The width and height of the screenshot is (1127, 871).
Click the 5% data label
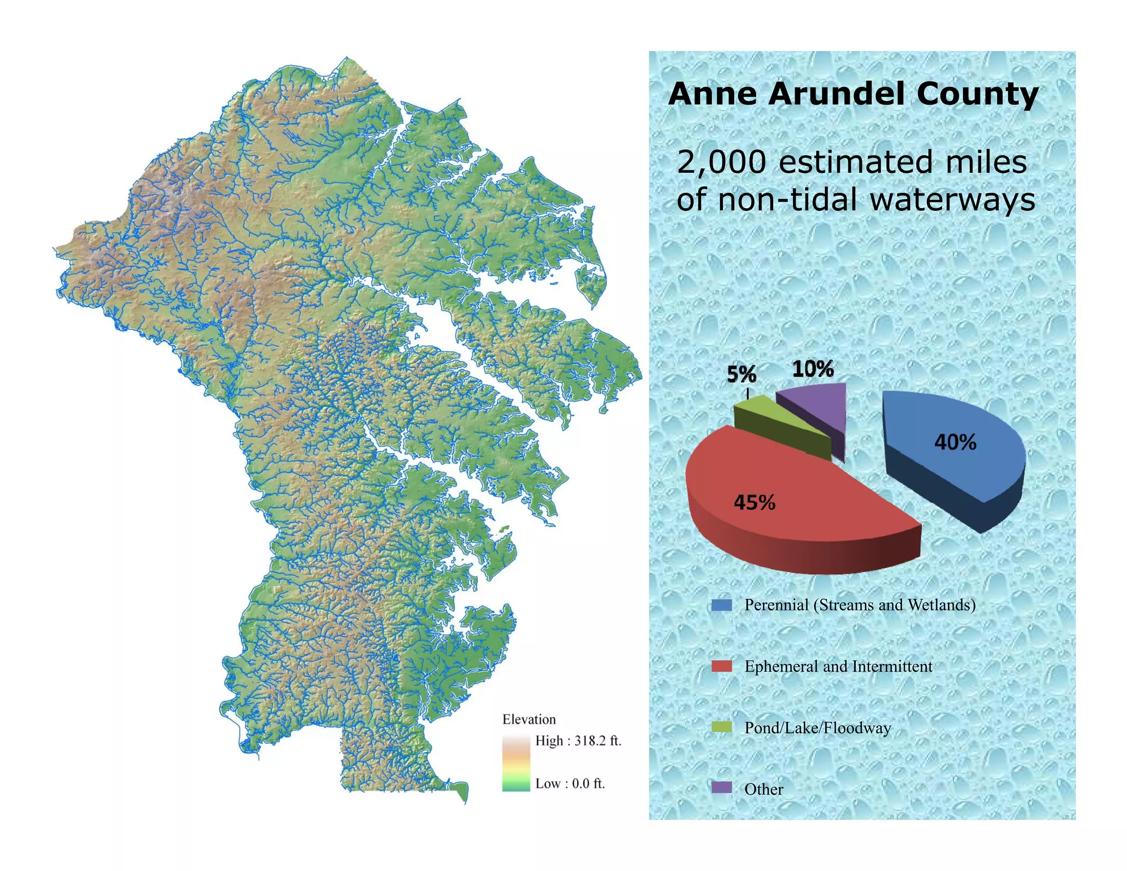point(741,374)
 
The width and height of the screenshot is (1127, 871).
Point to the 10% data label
point(813,368)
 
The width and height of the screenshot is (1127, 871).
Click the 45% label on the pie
point(754,502)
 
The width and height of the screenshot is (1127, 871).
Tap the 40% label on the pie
point(955,442)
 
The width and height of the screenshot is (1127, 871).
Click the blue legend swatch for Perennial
point(721,605)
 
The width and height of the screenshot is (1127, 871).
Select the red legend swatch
point(721,666)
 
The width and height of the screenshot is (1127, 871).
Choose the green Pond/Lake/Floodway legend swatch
point(721,727)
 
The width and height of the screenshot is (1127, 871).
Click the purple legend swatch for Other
point(721,788)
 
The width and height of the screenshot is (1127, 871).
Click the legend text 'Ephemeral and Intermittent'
point(838,666)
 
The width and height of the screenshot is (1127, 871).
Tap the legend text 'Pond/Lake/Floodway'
point(817,728)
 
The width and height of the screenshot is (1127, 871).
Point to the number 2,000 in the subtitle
point(721,162)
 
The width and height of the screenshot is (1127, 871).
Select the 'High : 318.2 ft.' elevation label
point(578,741)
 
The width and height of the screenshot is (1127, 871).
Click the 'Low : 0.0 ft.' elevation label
point(570,783)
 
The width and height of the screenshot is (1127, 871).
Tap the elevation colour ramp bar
point(516,762)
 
